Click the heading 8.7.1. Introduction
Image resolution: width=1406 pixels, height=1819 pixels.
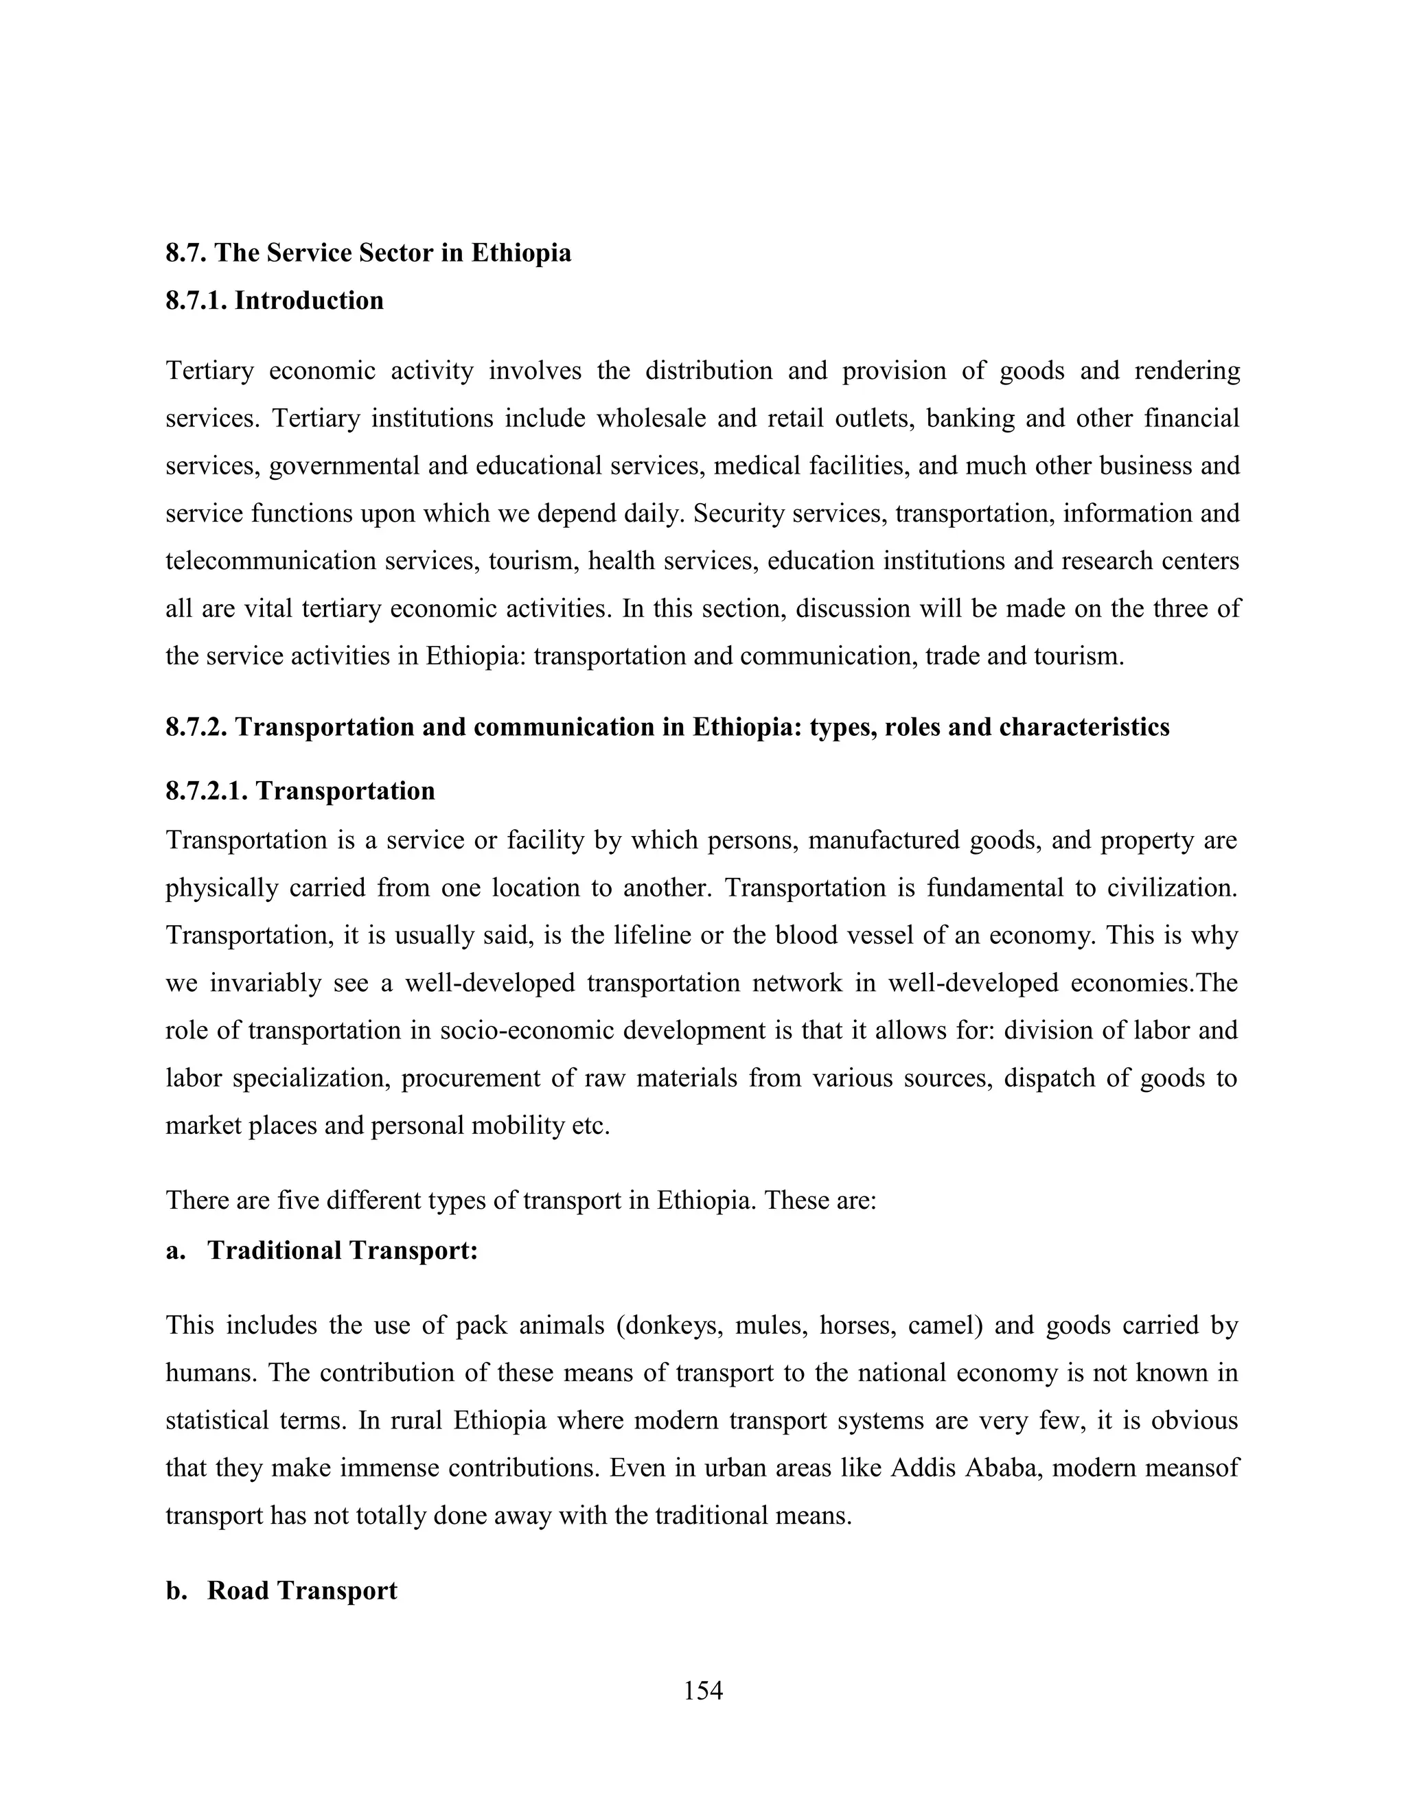coord(274,301)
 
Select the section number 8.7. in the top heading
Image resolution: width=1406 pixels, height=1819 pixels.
coord(187,253)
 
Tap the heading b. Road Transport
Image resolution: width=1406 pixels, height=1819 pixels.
coord(281,1590)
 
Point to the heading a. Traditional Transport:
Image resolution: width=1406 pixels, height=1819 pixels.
coord(321,1250)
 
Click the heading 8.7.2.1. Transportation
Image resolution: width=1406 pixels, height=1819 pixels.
coord(300,790)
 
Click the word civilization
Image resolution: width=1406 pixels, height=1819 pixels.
coord(1171,888)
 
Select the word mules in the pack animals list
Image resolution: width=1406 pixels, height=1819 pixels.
coord(768,1325)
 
